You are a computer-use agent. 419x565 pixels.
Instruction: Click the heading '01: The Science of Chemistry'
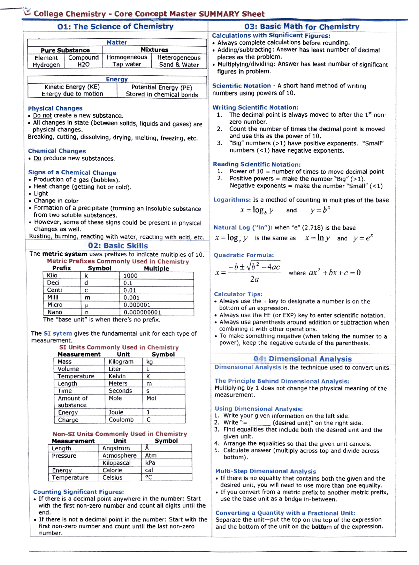pyautogui.click(x=115, y=27)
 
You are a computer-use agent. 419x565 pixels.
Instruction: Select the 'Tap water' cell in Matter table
pyautogui.click(x=127, y=64)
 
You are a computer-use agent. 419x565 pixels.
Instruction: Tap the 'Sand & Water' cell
pyautogui.click(x=179, y=65)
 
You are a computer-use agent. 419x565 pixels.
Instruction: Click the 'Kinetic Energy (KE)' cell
pyautogui.click(x=72, y=87)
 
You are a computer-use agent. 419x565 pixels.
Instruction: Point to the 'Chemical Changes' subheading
pyautogui.click(x=57, y=151)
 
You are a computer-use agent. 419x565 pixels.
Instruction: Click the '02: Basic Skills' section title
pyautogui.click(x=118, y=245)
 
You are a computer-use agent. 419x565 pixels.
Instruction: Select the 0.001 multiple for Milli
pyautogui.click(x=131, y=298)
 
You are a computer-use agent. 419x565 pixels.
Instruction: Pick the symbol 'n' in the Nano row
pyautogui.click(x=87, y=312)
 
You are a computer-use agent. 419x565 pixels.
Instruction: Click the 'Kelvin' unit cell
pyautogui.click(x=117, y=376)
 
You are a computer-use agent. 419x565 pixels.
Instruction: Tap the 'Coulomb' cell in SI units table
pyautogui.click(x=121, y=419)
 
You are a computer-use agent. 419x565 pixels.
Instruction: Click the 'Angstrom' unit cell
pyautogui.click(x=116, y=448)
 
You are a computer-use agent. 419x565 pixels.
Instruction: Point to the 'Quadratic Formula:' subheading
pyautogui.click(x=244, y=255)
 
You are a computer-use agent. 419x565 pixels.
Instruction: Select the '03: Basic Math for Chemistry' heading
pyautogui.click(x=301, y=27)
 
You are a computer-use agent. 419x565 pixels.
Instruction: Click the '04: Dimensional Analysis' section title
pyautogui.click(x=302, y=359)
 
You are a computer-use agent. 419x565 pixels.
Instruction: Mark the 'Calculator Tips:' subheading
pyautogui.click(x=238, y=294)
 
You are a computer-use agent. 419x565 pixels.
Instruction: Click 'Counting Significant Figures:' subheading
pyautogui.click(x=79, y=492)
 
